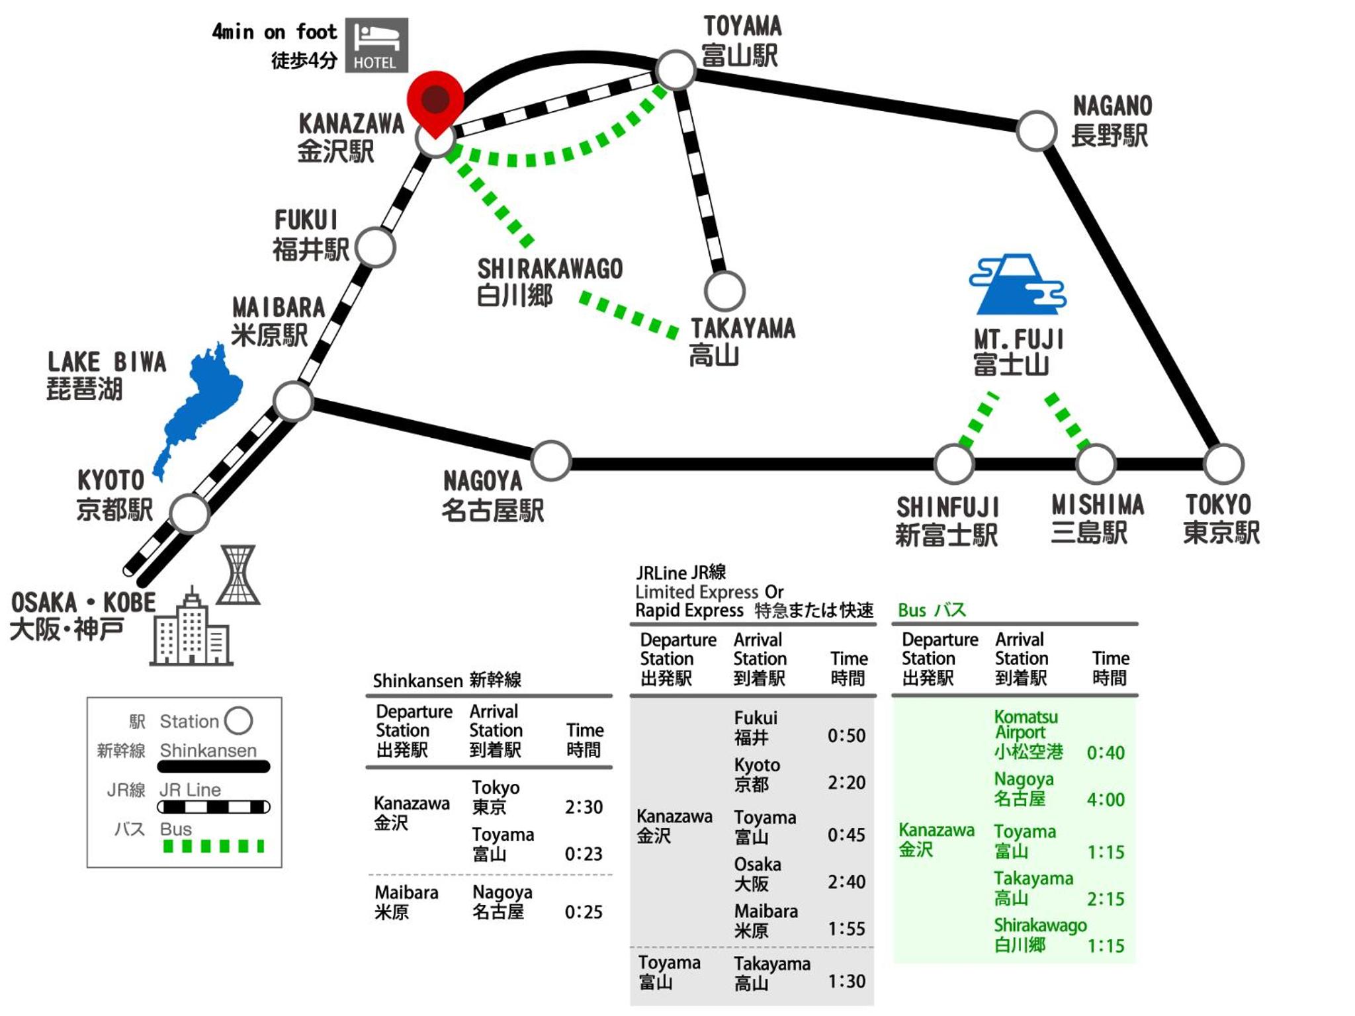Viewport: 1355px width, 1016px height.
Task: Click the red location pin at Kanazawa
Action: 435,100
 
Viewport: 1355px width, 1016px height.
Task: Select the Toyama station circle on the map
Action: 675,69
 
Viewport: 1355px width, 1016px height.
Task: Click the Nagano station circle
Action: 1036,130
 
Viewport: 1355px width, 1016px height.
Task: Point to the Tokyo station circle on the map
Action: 1223,464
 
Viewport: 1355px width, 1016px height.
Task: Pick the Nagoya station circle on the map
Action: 550,460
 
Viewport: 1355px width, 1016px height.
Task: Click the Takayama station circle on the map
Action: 724,291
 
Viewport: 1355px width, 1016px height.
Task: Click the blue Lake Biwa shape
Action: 202,403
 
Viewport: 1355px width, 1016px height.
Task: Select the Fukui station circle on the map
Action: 375,247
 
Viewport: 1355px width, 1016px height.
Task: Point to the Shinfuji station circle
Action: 953,464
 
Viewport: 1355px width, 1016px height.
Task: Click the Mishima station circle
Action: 1096,464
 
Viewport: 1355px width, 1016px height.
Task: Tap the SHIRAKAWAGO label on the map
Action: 550,269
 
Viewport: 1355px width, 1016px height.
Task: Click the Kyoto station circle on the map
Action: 189,513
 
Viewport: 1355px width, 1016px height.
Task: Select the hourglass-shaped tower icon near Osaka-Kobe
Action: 238,575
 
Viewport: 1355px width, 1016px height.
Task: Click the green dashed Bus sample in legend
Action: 213,846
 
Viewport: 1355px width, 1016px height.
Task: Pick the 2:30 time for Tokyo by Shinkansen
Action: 584,807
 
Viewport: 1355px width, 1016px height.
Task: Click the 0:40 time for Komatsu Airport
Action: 1106,753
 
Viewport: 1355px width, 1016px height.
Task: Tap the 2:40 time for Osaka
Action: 846,882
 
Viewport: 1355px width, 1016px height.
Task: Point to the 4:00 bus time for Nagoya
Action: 1106,800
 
